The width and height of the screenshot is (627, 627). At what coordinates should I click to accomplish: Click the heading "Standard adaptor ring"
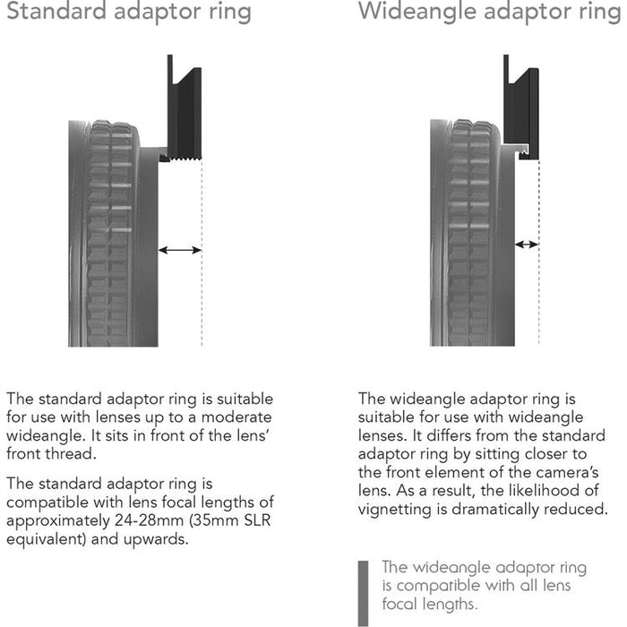pyautogui.click(x=125, y=13)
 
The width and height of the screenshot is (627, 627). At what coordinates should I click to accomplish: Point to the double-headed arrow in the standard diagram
pyautogui.click(x=180, y=251)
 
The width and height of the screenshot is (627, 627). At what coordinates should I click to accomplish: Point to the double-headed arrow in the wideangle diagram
pyautogui.click(x=526, y=244)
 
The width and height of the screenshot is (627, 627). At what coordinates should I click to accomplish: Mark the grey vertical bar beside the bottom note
pyautogui.click(x=364, y=592)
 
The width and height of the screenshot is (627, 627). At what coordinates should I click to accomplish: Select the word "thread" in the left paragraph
pyautogui.click(x=71, y=455)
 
